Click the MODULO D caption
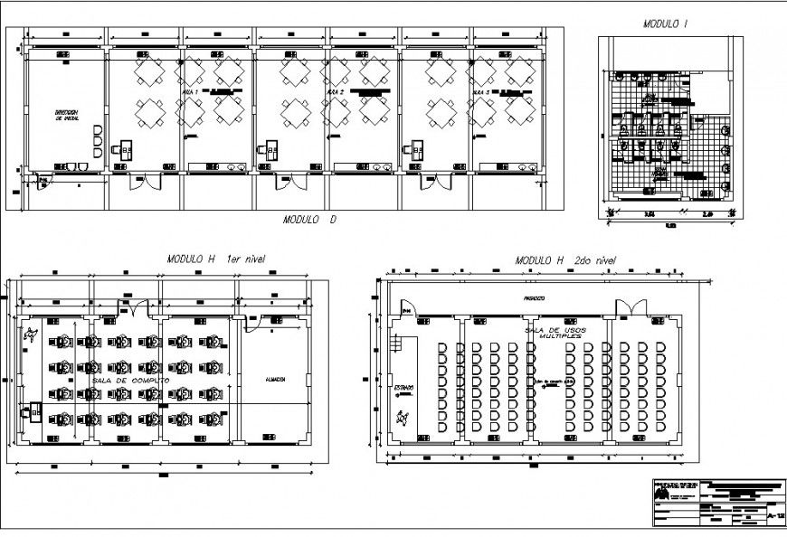(x=309, y=219)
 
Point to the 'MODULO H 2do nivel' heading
(x=565, y=260)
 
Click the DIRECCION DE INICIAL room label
(x=68, y=115)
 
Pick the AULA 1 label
(x=190, y=92)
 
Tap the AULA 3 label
(x=480, y=92)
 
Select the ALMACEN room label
(x=276, y=380)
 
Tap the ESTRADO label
(x=403, y=388)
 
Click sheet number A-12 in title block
(x=774, y=515)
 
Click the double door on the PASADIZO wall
(x=631, y=306)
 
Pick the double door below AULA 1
(x=145, y=181)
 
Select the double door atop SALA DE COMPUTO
(x=134, y=308)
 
